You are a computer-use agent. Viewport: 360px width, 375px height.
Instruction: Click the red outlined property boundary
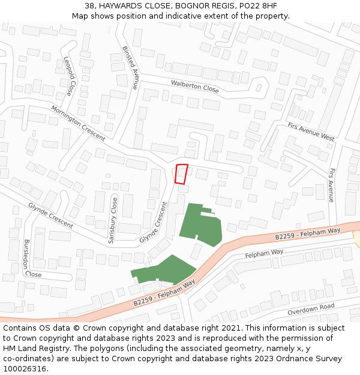click(x=181, y=173)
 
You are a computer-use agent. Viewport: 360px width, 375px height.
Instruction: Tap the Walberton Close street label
click(x=194, y=86)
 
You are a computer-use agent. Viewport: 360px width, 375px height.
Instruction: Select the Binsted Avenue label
click(x=130, y=67)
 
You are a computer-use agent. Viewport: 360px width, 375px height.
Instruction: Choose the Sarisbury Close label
click(x=112, y=220)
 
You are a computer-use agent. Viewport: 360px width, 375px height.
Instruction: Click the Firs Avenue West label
click(x=310, y=132)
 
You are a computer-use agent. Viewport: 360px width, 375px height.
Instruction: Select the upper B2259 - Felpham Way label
click(x=308, y=233)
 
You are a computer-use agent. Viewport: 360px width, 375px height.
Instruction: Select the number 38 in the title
click(x=89, y=6)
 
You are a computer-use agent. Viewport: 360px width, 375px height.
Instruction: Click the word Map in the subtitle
click(x=80, y=16)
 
